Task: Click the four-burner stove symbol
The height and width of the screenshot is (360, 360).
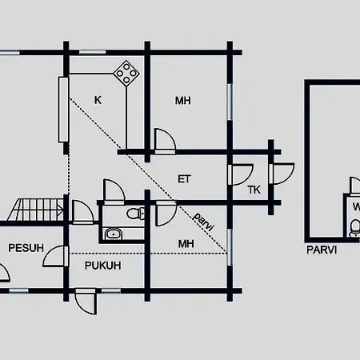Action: (x=126, y=74)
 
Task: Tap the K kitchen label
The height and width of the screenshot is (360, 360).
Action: (x=98, y=100)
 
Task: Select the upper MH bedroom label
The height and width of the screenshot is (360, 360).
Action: (x=183, y=101)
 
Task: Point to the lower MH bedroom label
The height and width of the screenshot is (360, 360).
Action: (x=186, y=244)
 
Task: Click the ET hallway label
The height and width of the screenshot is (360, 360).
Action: (x=184, y=179)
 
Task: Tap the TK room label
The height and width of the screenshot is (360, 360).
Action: (x=254, y=190)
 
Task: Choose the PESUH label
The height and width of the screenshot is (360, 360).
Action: (x=26, y=248)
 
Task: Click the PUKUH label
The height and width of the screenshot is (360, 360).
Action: (x=103, y=266)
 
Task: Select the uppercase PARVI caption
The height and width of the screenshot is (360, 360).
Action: (x=322, y=250)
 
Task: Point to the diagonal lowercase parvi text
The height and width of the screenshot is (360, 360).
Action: (x=204, y=222)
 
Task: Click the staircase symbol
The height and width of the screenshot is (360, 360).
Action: (x=36, y=210)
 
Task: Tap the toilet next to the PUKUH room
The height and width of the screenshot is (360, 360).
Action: (x=136, y=213)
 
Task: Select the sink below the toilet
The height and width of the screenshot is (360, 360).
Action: (x=114, y=234)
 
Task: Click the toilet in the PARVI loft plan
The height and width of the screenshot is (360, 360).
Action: (x=355, y=228)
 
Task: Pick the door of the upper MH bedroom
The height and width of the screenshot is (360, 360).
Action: (x=165, y=142)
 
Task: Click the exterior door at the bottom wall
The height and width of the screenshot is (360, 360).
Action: (x=86, y=302)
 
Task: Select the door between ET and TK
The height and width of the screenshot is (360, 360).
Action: (x=241, y=174)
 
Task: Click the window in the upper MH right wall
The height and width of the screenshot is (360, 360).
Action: (x=230, y=102)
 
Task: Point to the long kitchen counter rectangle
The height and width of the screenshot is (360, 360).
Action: (x=63, y=110)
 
